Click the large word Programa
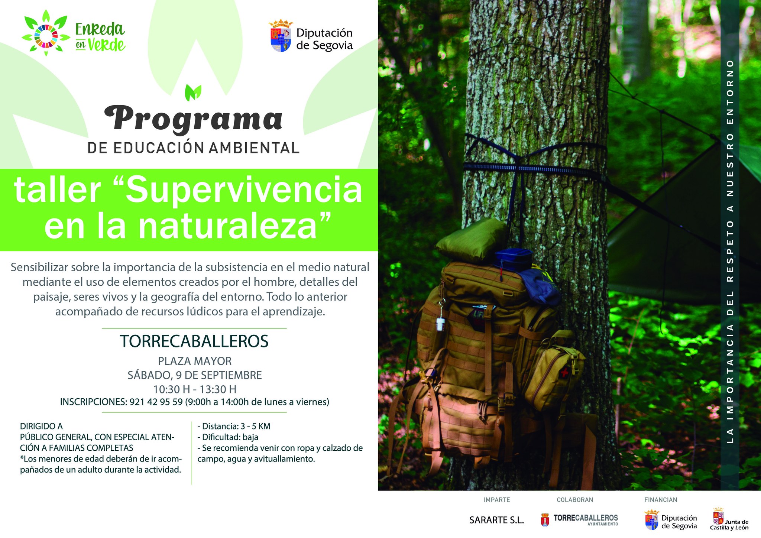(193, 119)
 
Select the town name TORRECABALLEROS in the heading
(194, 341)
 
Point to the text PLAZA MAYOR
(195, 361)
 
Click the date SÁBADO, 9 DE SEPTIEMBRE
(195, 375)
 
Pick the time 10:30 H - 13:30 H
(195, 389)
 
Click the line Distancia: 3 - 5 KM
(234, 426)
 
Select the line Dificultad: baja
(228, 437)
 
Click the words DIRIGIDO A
(41, 426)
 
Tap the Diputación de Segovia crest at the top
(281, 36)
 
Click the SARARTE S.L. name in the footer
(496, 520)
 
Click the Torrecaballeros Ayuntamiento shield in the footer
(545, 520)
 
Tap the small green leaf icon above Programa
(193, 93)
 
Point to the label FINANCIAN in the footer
(661, 500)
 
